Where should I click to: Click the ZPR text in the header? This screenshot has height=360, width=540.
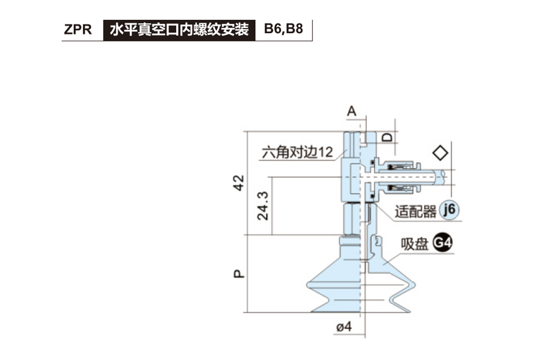(x=78, y=30)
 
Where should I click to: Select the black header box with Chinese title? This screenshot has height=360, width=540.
(x=179, y=30)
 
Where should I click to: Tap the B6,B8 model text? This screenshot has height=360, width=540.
(x=283, y=30)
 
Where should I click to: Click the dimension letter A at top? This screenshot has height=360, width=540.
(x=352, y=111)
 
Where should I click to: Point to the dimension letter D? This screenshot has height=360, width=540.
(x=387, y=137)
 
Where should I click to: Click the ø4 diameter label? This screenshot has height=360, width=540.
(x=343, y=328)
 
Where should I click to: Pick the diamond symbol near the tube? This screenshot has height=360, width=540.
(x=440, y=153)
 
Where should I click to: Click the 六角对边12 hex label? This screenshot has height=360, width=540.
(x=297, y=152)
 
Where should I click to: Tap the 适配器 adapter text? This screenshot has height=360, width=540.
(x=416, y=211)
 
